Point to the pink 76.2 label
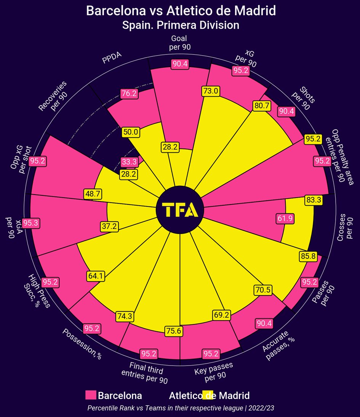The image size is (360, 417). tap(129, 93)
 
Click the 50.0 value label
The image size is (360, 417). tap(131, 132)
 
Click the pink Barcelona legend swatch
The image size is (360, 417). tap(90, 395)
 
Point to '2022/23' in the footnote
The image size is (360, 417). tap(261, 408)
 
